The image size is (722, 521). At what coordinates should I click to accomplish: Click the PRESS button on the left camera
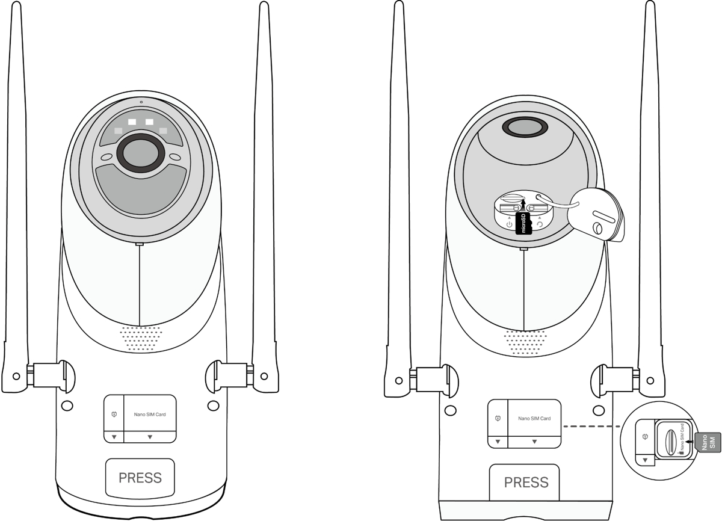point(140,478)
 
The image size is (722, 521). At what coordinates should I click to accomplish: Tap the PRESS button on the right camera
point(526,482)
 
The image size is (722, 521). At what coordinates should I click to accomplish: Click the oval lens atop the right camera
point(525,128)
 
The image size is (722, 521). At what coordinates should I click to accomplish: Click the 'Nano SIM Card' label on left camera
point(150,414)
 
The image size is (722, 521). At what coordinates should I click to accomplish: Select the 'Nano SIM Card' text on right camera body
point(534,419)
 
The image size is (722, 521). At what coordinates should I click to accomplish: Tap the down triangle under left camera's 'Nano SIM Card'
point(150,436)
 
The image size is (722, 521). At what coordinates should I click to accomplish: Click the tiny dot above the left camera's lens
point(141,102)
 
